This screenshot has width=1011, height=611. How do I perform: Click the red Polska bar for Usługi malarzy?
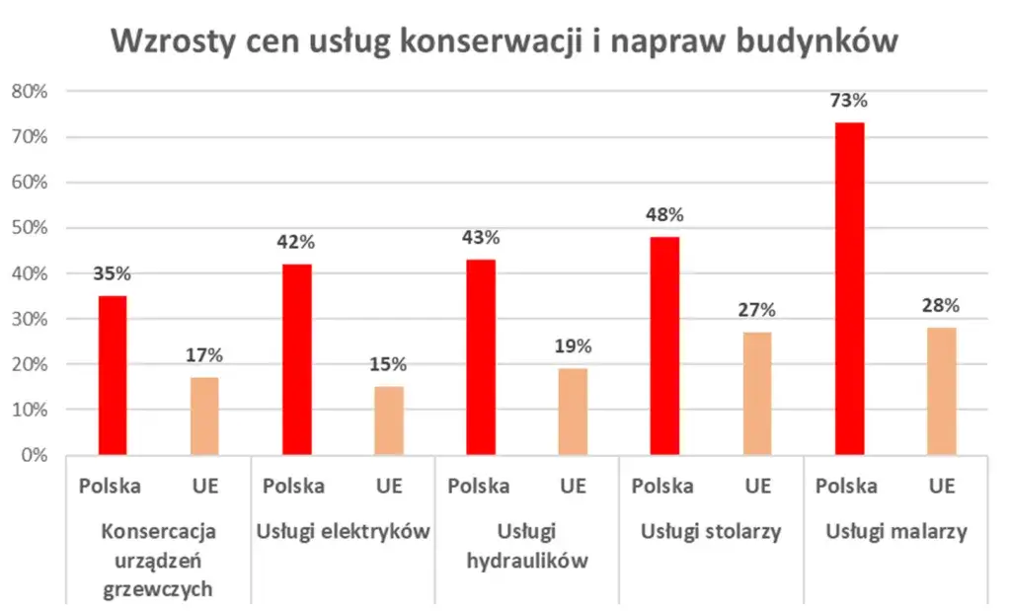point(849,288)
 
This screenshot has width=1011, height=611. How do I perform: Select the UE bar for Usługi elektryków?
point(388,420)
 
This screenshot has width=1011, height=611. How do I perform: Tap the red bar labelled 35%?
point(112,375)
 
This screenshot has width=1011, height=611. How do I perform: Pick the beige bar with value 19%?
point(573,412)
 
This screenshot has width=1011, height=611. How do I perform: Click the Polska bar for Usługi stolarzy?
point(664,345)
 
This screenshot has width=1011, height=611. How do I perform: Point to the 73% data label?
point(849,101)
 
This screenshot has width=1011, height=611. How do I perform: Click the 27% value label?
point(757,310)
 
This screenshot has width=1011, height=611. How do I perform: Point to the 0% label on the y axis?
point(34,456)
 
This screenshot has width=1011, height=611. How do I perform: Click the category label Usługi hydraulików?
point(527,547)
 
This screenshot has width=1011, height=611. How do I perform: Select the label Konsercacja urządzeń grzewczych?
point(158,561)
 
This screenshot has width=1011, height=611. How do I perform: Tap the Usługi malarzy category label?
point(895,532)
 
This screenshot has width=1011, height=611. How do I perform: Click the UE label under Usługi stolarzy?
point(757,486)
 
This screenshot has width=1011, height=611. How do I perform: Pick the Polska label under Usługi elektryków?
point(294,486)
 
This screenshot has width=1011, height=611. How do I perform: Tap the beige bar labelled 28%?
point(942,391)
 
